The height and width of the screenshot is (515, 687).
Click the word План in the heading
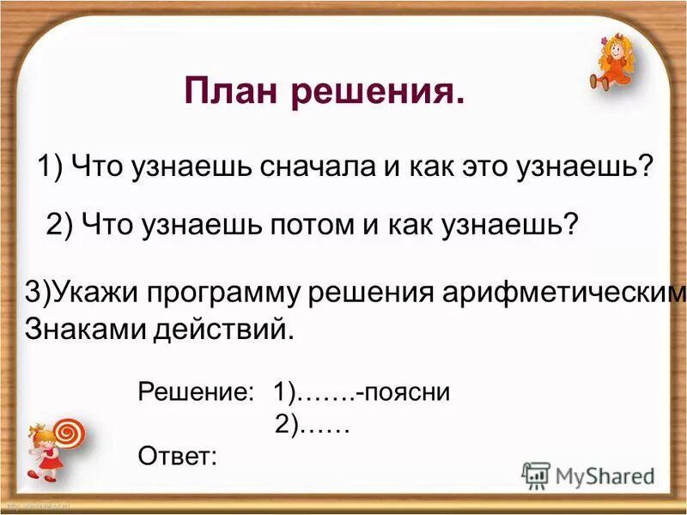pyautogui.click(x=233, y=91)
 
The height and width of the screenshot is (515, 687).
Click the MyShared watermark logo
pyautogui.click(x=589, y=476)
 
